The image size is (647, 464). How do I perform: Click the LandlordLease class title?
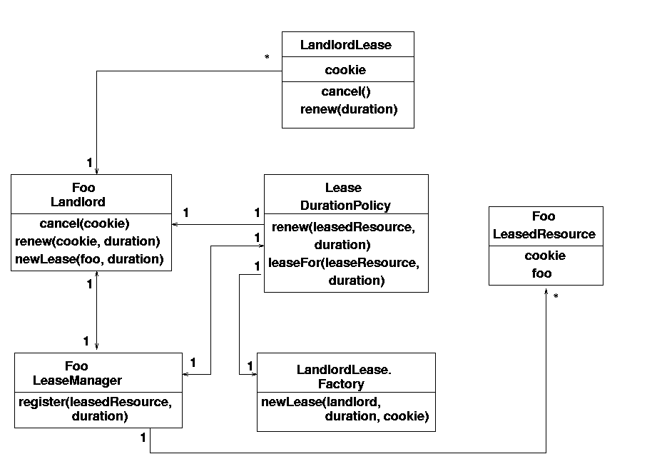tap(346, 44)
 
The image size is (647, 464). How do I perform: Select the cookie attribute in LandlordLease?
tap(345, 70)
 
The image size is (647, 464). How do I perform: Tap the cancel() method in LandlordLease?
tap(346, 91)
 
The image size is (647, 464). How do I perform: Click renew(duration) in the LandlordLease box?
tap(349, 109)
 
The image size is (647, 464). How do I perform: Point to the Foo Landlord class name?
tap(78, 194)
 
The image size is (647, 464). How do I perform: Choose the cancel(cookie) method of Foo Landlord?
tap(85, 223)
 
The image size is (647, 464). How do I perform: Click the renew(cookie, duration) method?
tap(88, 241)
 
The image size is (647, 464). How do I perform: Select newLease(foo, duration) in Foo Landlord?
tap(90, 259)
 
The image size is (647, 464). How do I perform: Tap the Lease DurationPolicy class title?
tap(345, 196)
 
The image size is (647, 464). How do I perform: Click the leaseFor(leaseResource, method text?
tap(344, 263)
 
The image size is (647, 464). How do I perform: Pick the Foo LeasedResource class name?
tap(544, 225)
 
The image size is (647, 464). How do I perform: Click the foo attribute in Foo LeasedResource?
tap(541, 273)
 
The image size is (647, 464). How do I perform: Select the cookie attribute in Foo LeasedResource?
tap(545, 256)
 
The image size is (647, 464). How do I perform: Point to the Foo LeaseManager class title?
tap(77, 373)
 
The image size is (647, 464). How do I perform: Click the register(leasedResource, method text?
tap(96, 402)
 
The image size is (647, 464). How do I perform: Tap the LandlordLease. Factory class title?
tap(344, 376)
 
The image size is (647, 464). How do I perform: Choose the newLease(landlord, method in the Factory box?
tap(321, 402)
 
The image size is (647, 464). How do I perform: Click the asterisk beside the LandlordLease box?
tap(267, 57)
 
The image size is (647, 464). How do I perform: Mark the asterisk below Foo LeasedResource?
tap(556, 296)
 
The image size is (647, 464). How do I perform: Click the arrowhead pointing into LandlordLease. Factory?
tap(254, 375)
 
